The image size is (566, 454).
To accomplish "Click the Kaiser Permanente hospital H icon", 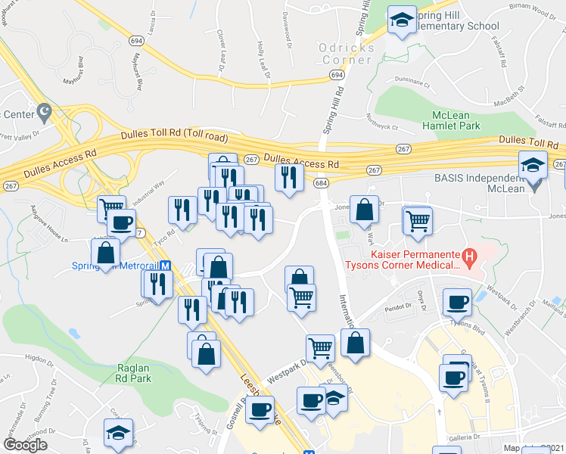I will [470, 258].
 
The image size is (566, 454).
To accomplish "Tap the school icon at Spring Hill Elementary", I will [402, 20].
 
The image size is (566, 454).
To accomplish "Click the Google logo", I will [25, 444].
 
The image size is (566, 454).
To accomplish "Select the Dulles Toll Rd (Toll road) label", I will [174, 136].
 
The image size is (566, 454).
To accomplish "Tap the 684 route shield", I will [321, 183].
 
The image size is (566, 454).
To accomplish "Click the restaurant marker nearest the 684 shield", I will [288, 177].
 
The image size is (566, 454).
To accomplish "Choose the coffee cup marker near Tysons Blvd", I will [456, 302].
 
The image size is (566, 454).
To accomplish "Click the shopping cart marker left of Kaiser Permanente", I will [418, 220].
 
